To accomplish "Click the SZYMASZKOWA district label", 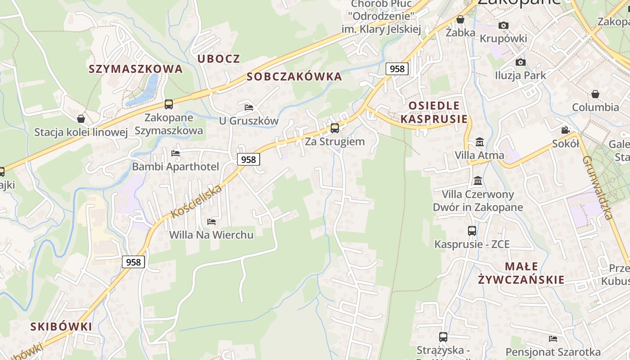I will coord(135,69).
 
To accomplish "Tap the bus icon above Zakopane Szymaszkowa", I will coord(168,104).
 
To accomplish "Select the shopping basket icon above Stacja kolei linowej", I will coord(81,119).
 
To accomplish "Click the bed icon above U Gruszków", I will coord(249,107).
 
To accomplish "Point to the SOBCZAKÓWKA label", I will coord(294,77).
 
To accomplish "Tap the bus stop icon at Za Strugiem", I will coord(334,128).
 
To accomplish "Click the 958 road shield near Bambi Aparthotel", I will coord(248,159).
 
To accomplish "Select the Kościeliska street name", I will coord(197,201).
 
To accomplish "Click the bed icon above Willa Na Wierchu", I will coord(211,221).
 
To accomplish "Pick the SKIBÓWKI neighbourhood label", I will coord(61,327).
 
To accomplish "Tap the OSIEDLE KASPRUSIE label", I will coord(434,112).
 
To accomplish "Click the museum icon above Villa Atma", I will coord(479,142).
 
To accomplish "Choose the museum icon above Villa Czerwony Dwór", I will coord(478,181).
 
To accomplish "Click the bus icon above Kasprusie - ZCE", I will coord(472,231).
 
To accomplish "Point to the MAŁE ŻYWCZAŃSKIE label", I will coord(521,273).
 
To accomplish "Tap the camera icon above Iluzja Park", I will coord(520,62).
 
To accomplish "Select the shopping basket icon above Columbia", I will coord(595,94).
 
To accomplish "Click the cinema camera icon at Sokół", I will coord(565,130).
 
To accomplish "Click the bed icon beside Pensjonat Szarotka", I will coord(553,338).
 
